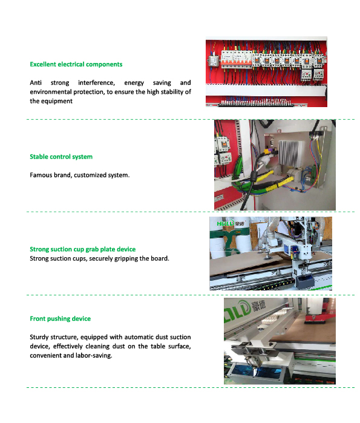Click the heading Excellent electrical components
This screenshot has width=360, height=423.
pyautogui.click(x=76, y=64)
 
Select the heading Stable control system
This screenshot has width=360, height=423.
pyautogui.click(x=61, y=157)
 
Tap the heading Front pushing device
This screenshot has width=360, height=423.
pyautogui.click(x=60, y=318)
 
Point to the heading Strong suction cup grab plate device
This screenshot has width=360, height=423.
pyautogui.click(x=83, y=249)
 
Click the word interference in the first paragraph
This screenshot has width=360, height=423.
pyautogui.click(x=97, y=82)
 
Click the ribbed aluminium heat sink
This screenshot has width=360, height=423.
pyautogui.click(x=288, y=152)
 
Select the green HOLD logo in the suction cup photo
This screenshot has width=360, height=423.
pyautogui.click(x=226, y=223)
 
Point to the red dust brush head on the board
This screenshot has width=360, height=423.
pyautogui.click(x=315, y=320)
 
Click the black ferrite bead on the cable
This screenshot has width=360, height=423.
pyautogui.click(x=254, y=177)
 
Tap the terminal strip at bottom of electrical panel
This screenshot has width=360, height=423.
pyautogui.click(x=255, y=103)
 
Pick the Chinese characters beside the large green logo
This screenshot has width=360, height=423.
pyautogui.click(x=259, y=306)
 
